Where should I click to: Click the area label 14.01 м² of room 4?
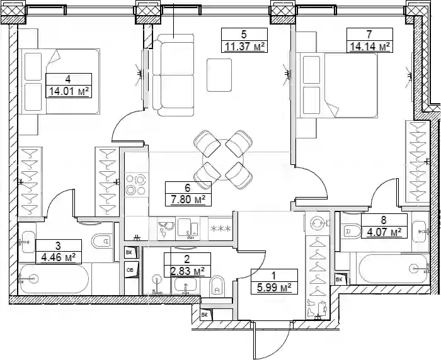coord(69,91)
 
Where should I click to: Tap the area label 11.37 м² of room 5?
coord(244,46)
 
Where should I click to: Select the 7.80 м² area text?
coord(188,200)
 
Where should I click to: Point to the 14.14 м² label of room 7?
coord(369,46)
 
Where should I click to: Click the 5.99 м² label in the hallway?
coord(273,288)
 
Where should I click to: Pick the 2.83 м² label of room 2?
coord(187,271)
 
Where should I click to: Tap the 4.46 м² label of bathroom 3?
coord(58,257)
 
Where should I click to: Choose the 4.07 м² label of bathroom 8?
coord(384,232)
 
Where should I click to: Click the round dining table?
coord(223,160)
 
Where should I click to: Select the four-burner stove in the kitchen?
coord(137,184)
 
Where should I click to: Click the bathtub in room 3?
coord(54,279)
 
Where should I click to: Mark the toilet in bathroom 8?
coord(350,232)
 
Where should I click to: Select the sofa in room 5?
coord(173,75)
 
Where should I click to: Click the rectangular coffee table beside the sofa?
coord(219,75)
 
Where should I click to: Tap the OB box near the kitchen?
coord(132,270)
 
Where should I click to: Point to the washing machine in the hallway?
coord(318,223)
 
